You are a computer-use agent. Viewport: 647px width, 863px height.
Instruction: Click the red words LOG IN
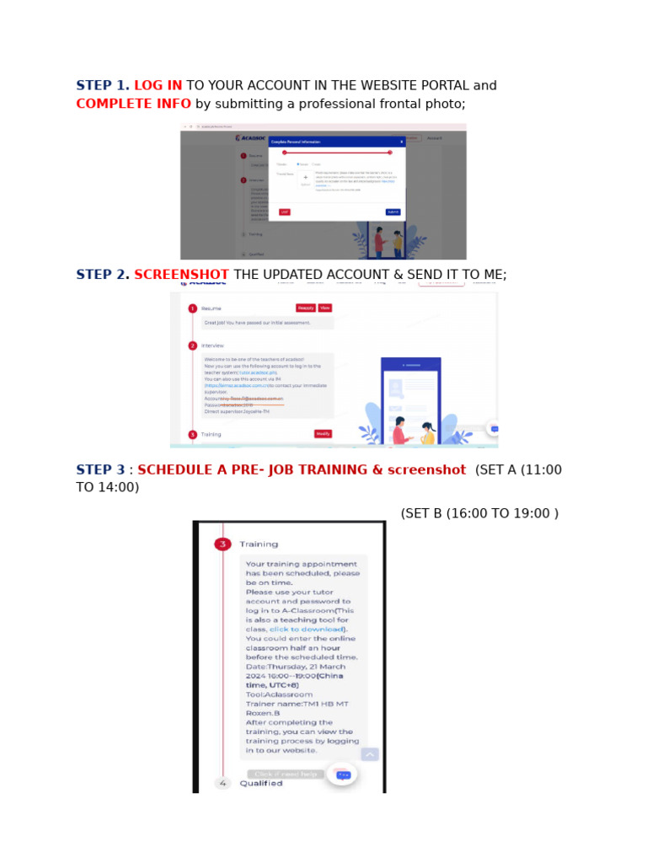(158, 86)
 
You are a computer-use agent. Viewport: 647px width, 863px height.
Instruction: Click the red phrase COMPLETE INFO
(133, 105)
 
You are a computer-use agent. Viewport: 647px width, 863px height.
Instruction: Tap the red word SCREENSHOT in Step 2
(181, 276)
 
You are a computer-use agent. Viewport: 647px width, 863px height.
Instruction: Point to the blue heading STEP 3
(100, 470)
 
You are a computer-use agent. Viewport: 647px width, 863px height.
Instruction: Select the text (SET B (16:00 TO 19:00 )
(479, 514)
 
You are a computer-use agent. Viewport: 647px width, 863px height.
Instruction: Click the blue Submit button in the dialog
(393, 212)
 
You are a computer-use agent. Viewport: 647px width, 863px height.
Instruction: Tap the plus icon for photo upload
(305, 178)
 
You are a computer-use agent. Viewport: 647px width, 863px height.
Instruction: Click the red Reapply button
(305, 308)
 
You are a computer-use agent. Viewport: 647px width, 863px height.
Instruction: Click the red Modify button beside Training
(323, 434)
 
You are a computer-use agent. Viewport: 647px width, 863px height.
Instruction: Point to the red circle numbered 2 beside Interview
(192, 346)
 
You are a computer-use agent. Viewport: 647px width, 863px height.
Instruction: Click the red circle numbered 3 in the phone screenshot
(222, 544)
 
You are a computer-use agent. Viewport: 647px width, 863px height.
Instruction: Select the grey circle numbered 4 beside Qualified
(222, 783)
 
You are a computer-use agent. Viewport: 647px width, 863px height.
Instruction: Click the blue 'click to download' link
(307, 630)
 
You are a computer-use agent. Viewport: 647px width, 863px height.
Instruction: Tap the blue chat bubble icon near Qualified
(342, 775)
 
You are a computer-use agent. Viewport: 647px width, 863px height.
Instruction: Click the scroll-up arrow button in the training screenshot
(370, 754)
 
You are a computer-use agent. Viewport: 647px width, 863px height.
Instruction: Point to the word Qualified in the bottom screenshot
(261, 784)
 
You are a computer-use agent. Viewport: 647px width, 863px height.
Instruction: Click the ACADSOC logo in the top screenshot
(250, 137)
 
